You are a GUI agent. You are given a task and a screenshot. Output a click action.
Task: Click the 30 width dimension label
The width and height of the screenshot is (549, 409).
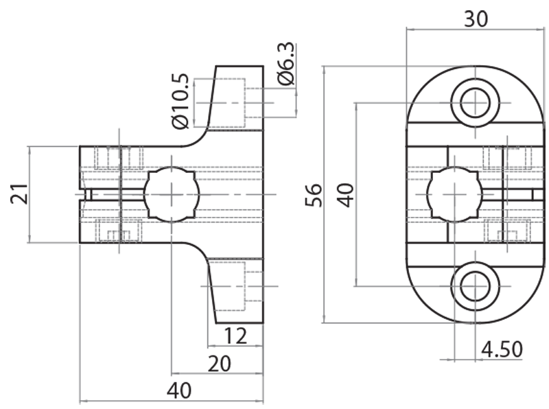pyautogui.click(x=476, y=19)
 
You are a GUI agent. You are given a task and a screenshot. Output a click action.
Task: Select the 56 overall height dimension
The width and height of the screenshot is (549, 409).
pyautogui.click(x=313, y=195)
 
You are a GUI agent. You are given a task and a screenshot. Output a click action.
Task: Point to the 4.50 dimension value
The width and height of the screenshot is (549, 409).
pyautogui.click(x=502, y=350)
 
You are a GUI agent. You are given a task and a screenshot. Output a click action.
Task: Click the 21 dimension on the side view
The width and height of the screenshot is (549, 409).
pyautogui.click(x=20, y=194)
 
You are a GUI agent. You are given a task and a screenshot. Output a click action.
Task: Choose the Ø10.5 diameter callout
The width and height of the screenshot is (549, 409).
pyautogui.click(x=180, y=102)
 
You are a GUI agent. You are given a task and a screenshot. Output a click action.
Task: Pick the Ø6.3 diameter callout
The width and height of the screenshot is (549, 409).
pyautogui.click(x=286, y=64)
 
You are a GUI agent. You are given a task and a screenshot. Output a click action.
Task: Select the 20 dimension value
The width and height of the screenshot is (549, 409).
pyautogui.click(x=218, y=364)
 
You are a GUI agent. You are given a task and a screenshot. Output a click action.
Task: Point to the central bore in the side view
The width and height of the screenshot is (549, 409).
pyautogui.click(x=171, y=195)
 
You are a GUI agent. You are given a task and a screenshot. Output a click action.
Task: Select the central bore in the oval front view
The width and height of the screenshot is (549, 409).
pyautogui.click(x=454, y=195)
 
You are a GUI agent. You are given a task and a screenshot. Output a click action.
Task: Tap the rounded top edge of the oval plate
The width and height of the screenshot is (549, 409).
pyautogui.click(x=475, y=69)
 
